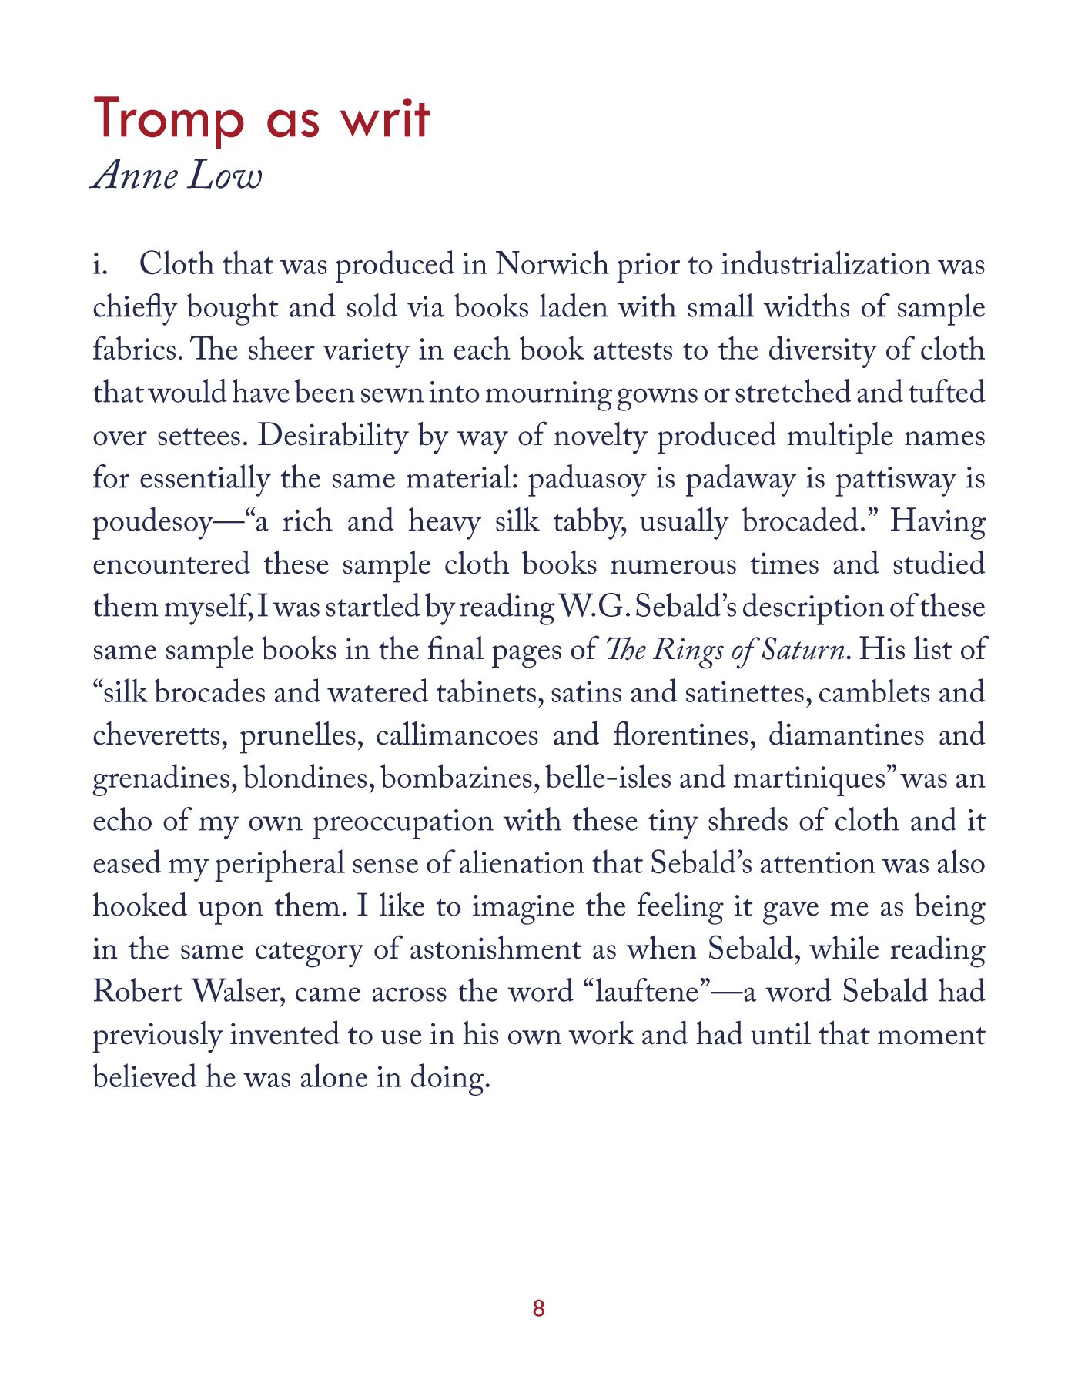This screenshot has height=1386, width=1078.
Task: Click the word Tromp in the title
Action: click(x=169, y=120)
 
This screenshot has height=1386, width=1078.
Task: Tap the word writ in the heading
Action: click(x=386, y=120)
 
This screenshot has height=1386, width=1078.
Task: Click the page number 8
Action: click(x=538, y=1308)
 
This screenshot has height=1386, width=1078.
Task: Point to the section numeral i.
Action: click(x=99, y=264)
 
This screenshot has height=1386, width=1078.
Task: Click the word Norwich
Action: click(x=552, y=264)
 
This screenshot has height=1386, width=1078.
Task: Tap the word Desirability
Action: click(x=333, y=436)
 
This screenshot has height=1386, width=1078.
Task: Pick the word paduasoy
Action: click(x=587, y=479)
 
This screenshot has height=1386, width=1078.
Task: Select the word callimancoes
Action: click(x=457, y=735)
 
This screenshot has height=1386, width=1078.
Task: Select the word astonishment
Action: click(x=495, y=949)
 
